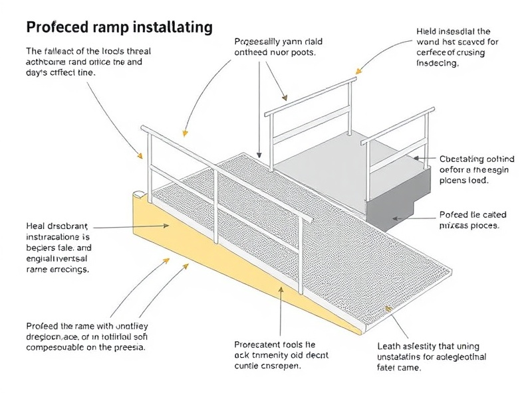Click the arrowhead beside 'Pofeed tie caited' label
tap(398, 218)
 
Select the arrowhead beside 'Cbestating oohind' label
tap(417, 159)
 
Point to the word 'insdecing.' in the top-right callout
tap(438, 64)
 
